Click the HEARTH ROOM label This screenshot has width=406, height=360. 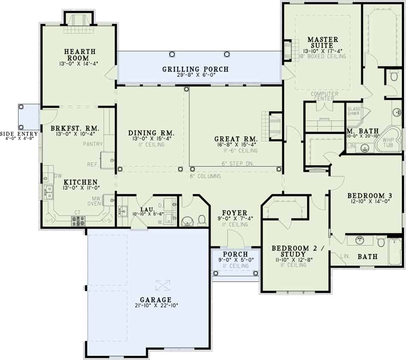pos(77,55)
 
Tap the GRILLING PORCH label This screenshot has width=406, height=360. pos(195,69)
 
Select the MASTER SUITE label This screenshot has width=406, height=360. pos(323,43)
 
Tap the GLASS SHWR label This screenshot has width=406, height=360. pos(354,111)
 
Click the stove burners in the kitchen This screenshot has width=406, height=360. pos(78,220)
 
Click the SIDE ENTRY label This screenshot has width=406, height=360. pos(19,134)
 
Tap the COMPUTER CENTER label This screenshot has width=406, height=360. pos(324,96)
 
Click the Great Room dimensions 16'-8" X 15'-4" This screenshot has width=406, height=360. pos(236,145)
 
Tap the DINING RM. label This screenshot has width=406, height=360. pos(146,133)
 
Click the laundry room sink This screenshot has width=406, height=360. pos(123,211)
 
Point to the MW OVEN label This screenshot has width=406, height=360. pos(95,201)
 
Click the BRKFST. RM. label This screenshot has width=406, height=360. pos(75,128)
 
